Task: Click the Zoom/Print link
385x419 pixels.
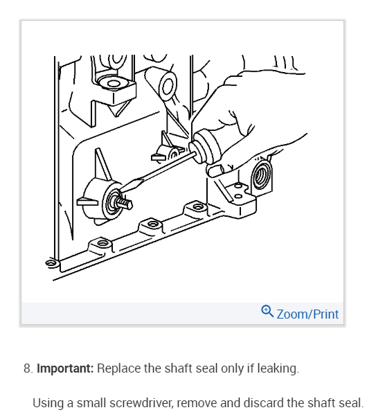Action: tap(307, 314)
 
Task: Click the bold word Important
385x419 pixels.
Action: tap(65, 368)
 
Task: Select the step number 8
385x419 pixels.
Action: tap(27, 368)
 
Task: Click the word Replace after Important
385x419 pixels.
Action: tap(118, 368)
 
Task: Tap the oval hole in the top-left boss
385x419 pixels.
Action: tap(111, 83)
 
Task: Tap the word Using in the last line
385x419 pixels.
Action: tap(48, 403)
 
